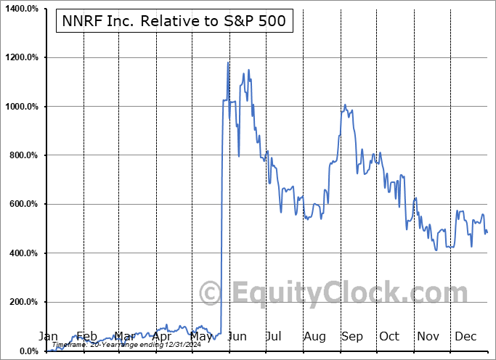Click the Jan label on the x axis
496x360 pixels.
47,336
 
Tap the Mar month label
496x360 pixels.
124,336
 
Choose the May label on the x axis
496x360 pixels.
200,336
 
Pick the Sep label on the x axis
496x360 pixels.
352,336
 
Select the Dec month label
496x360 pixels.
465,336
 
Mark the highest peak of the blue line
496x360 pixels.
228,62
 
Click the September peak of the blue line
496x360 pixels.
346,105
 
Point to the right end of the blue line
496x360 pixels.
487,232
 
